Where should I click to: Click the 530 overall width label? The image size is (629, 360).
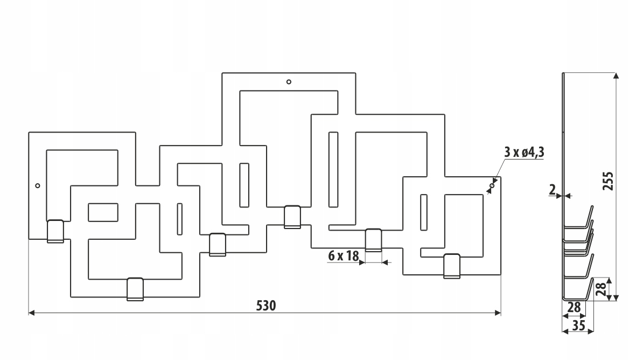266,306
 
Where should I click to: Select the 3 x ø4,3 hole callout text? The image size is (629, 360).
524,153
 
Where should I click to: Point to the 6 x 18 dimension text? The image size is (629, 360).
343,255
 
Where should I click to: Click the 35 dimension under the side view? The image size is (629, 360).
578,326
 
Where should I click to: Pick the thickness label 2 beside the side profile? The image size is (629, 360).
553,190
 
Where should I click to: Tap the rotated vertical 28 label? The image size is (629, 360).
601,289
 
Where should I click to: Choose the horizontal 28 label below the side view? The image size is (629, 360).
575,307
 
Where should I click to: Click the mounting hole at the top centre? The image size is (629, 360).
289,82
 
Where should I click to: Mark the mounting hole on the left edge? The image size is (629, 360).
38,186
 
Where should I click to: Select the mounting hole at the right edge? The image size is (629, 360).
492,185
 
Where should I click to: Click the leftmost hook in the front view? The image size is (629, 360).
55,231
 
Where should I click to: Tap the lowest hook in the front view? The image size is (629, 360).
135,289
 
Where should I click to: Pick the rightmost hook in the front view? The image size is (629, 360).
452,266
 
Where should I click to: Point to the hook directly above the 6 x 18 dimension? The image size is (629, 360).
374,240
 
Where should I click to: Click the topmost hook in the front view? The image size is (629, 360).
292,217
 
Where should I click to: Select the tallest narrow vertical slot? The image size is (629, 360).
333,169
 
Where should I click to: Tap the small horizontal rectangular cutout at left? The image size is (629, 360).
103,212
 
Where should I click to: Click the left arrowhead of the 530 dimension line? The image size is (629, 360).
31,313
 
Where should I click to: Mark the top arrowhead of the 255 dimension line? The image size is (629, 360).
614,76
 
